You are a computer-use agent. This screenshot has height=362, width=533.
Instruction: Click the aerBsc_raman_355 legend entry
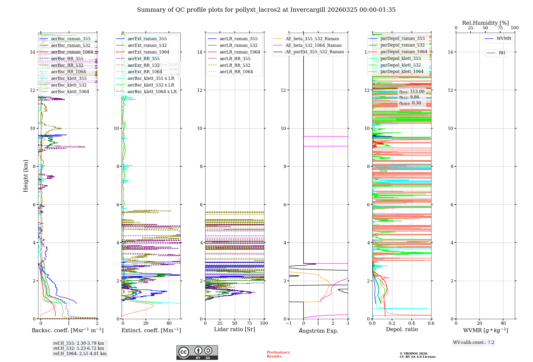[x=71, y=39]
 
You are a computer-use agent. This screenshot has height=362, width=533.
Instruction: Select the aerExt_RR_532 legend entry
[x=143, y=65]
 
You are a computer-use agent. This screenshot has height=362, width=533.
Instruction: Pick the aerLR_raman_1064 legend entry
[x=240, y=52]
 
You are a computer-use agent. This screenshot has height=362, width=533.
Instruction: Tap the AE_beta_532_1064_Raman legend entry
[x=313, y=46]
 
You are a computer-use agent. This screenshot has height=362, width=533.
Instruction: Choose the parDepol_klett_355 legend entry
[x=401, y=59]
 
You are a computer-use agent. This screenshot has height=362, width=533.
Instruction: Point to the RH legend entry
[x=502, y=53]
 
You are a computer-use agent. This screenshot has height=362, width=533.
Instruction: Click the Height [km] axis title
[x=26, y=176]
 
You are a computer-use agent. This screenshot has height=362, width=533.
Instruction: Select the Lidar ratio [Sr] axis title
[x=235, y=330]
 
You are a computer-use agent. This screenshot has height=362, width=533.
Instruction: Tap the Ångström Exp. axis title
[x=318, y=331]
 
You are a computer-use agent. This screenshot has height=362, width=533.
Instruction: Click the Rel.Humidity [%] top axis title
[x=485, y=23]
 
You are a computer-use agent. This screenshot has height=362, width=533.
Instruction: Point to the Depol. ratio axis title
[x=402, y=330]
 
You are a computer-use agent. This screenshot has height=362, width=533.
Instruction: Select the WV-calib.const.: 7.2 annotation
[x=474, y=343]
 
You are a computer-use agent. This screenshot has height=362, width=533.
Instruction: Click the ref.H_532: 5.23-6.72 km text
[x=79, y=348]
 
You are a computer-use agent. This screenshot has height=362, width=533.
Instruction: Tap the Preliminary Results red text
[x=278, y=354]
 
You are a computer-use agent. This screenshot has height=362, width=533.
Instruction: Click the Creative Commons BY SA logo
[x=197, y=353]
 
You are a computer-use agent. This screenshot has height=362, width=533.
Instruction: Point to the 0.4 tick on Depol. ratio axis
[x=411, y=323]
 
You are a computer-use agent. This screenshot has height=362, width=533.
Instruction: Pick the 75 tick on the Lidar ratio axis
[x=249, y=323]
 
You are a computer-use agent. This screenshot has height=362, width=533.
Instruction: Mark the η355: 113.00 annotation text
[x=412, y=92]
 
